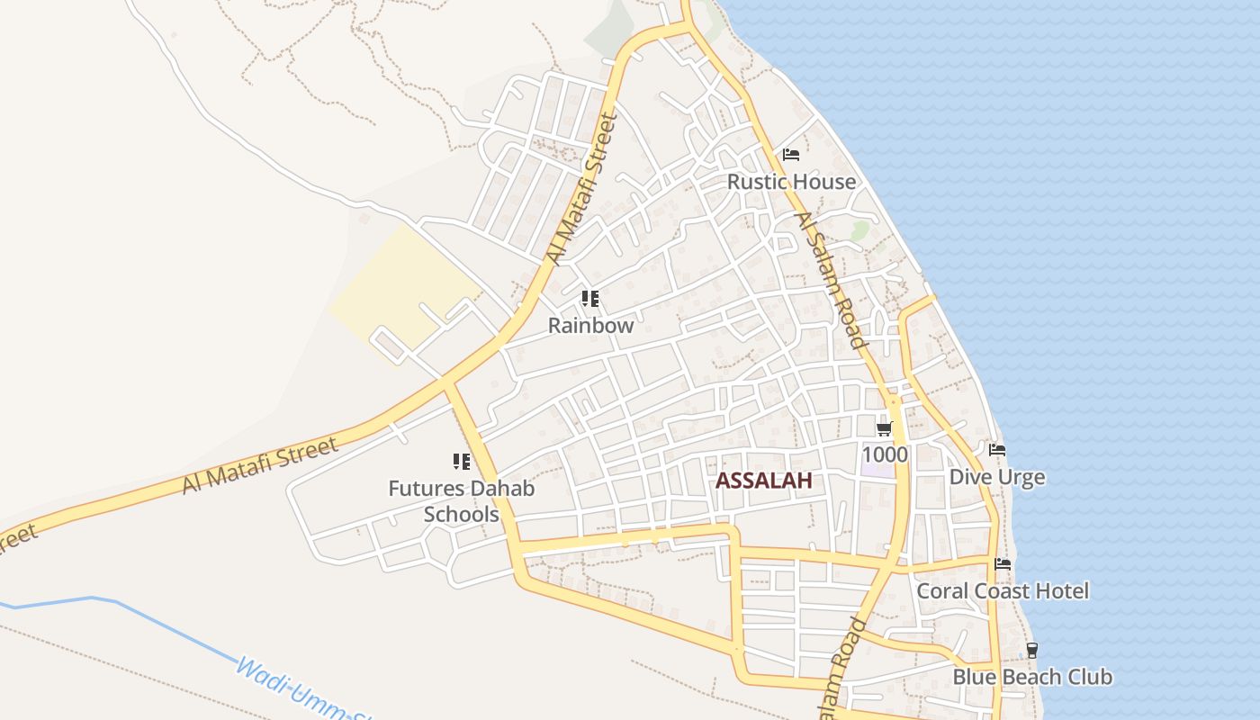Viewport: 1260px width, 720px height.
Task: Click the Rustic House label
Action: (791, 182)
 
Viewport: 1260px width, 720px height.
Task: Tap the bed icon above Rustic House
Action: (791, 155)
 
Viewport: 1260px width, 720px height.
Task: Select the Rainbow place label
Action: (591, 326)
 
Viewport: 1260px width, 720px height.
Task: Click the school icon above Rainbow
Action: (590, 298)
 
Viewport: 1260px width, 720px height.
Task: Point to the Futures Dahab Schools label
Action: (462, 501)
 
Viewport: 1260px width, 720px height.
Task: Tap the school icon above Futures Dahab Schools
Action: (462, 463)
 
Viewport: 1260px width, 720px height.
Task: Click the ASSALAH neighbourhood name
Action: (764, 481)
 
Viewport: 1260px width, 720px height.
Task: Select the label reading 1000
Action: (885, 454)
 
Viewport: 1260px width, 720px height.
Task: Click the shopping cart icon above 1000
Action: (885, 428)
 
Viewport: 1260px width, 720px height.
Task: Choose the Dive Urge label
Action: (997, 476)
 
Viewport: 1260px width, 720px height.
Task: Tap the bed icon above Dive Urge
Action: (997, 450)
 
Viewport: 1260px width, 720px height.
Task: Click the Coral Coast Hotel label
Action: (1003, 591)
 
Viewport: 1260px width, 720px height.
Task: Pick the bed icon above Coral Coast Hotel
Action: (1003, 564)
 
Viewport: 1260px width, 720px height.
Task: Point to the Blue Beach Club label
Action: (1032, 677)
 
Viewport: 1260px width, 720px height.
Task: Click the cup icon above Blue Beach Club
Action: (1032, 650)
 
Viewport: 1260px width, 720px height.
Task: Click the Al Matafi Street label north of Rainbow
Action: (581, 189)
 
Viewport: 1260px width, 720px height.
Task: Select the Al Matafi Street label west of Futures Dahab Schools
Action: (260, 464)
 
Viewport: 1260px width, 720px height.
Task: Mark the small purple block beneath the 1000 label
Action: (877, 470)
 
